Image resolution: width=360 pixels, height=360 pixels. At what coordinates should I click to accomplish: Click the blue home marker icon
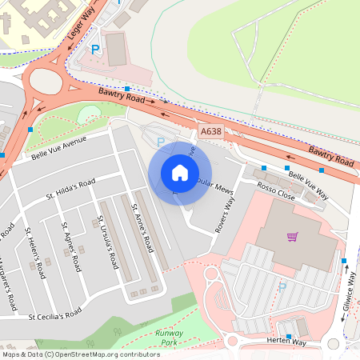[180, 172]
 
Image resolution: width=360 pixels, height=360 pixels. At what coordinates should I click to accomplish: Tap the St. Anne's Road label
[142, 230]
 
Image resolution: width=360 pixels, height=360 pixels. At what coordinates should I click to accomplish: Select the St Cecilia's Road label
[54, 314]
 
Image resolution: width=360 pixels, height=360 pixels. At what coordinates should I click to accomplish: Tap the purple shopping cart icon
[293, 237]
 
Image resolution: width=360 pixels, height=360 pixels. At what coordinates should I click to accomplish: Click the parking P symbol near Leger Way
[95, 50]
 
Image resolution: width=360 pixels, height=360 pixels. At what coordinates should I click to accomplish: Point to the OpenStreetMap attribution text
[81, 354]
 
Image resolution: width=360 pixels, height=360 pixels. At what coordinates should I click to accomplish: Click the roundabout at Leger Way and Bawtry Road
[48, 81]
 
